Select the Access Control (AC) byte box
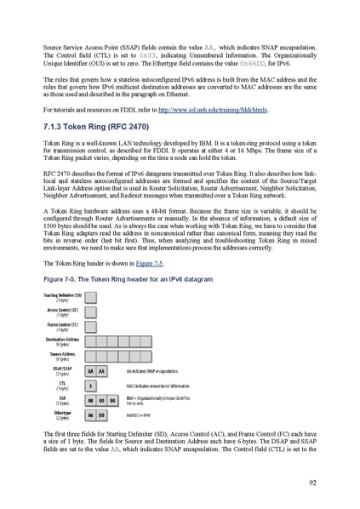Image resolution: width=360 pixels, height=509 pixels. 90,312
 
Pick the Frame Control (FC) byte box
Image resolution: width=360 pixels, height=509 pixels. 90,326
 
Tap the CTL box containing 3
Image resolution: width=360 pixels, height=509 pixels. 90,386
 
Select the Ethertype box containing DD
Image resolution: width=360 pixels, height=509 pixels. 102,415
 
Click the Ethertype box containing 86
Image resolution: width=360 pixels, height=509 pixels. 90,415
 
